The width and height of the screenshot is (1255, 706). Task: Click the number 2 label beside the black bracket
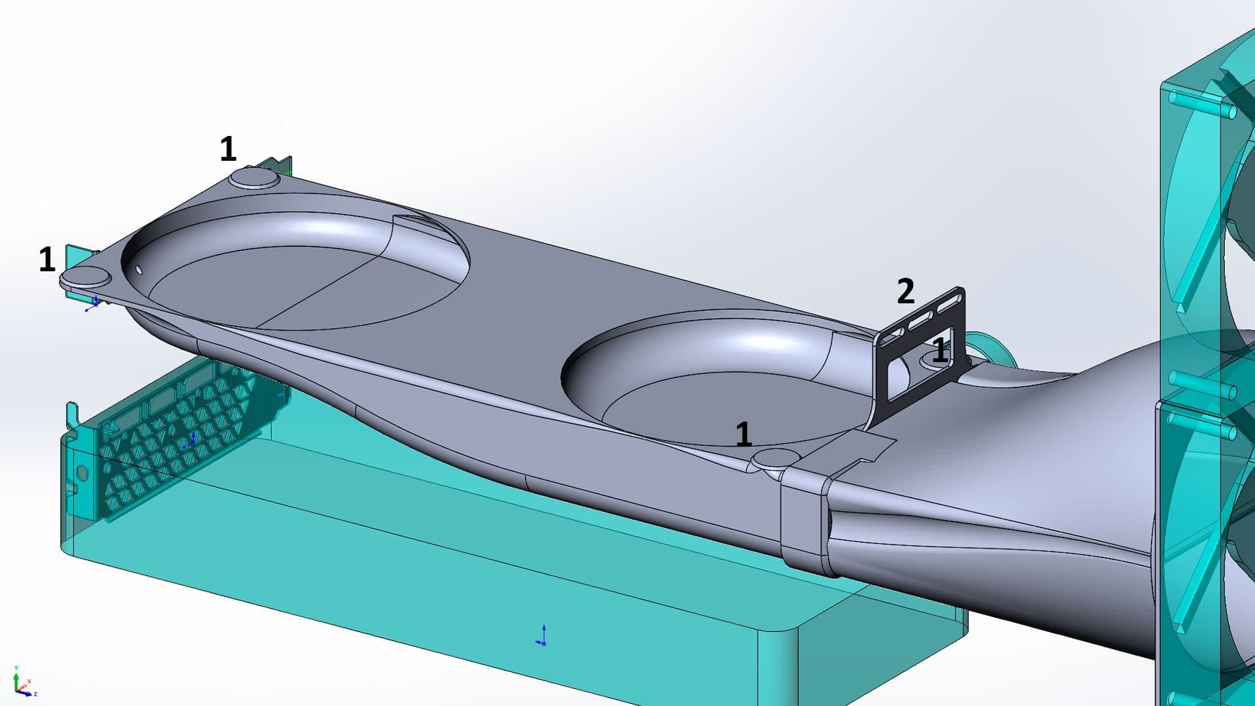pos(905,292)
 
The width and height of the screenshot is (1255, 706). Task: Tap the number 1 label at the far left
pos(47,260)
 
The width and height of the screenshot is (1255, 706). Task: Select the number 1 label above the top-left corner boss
pos(227,149)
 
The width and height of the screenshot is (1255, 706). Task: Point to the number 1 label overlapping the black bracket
pos(939,351)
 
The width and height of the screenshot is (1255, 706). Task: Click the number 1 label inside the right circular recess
pos(743,434)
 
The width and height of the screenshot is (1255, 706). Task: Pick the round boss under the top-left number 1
pos(254,177)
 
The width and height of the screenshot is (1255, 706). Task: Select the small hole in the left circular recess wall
pos(139,269)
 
